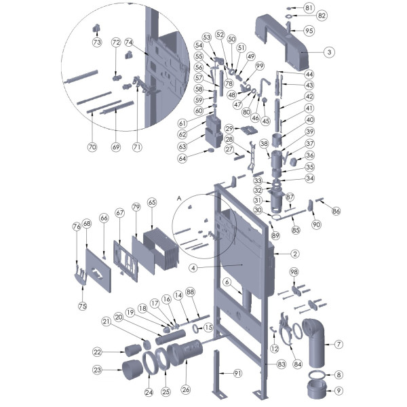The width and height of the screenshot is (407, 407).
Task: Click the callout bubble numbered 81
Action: point(309,7)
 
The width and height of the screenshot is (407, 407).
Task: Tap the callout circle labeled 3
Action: point(330,52)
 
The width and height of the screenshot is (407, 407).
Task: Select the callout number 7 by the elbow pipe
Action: point(338,344)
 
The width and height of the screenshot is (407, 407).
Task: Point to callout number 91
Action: point(237,373)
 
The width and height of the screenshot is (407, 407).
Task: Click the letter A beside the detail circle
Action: point(179,198)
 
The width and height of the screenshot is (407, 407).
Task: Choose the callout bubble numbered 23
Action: point(97,370)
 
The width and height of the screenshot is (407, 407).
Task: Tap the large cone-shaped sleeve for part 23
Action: point(132,370)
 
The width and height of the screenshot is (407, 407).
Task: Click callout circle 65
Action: point(152,202)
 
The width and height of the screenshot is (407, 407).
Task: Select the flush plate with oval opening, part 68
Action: point(98,270)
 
